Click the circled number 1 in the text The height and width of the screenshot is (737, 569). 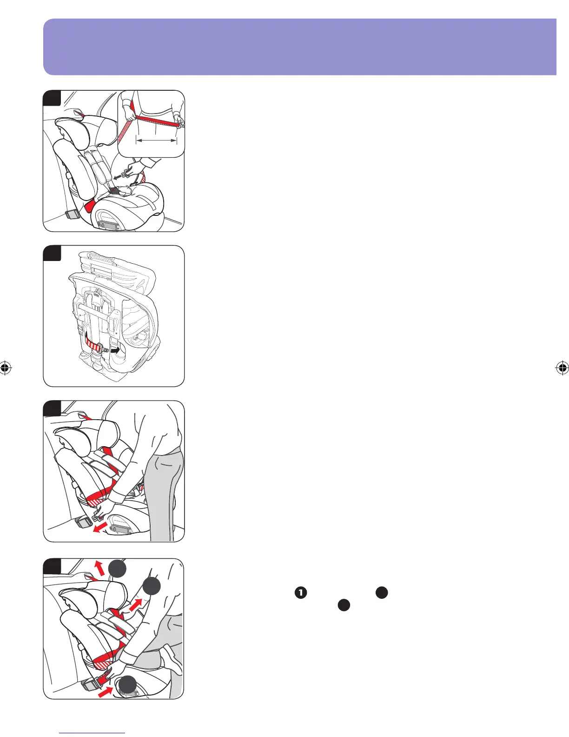pyautogui.click(x=301, y=593)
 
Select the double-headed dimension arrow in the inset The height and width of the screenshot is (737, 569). pyautogui.click(x=157, y=139)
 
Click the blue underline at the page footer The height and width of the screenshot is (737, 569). pyautogui.click(x=93, y=733)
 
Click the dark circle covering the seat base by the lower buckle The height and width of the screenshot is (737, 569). pyautogui.click(x=126, y=686)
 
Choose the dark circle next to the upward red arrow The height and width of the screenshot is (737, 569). pyautogui.click(x=118, y=569)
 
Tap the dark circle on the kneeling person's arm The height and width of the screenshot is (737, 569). pyautogui.click(x=151, y=587)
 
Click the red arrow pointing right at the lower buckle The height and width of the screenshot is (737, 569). pyautogui.click(x=105, y=691)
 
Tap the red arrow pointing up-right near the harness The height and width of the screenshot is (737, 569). pyautogui.click(x=136, y=606)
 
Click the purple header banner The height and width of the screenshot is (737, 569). pyautogui.click(x=299, y=47)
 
